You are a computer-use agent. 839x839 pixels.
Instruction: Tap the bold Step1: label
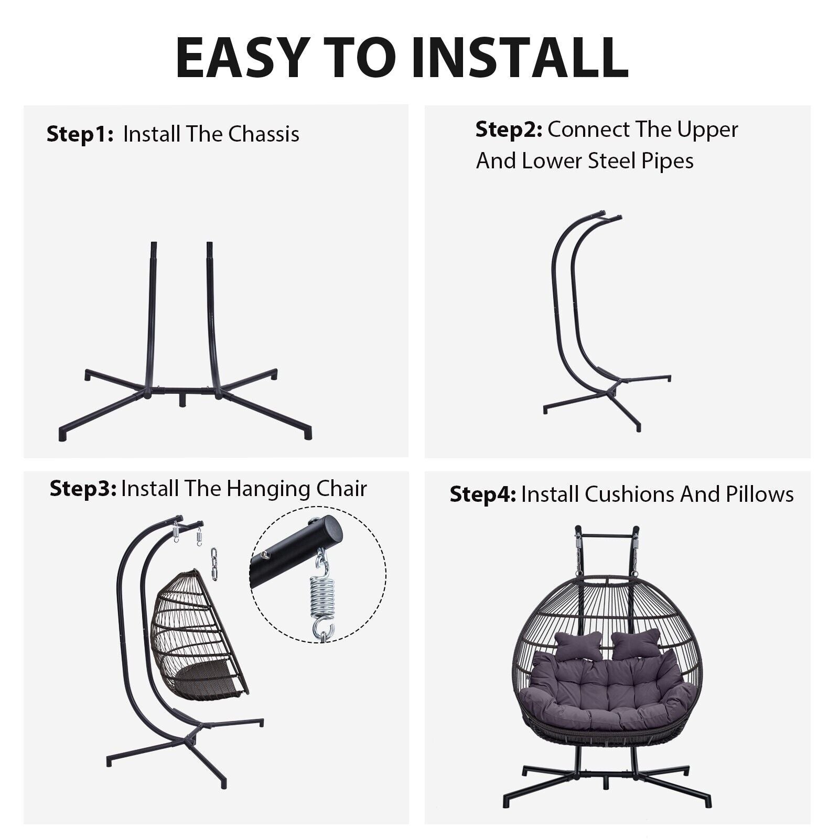tap(80, 134)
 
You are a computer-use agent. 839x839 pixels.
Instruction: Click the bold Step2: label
tap(509, 130)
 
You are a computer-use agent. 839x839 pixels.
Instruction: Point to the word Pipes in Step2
tap(667, 161)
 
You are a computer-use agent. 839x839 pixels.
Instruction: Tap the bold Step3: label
tap(83, 489)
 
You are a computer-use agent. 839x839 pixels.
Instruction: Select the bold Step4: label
tap(483, 494)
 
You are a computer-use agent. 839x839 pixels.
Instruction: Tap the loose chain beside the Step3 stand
tap(214, 563)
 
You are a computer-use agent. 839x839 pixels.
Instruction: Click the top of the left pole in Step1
tap(154, 244)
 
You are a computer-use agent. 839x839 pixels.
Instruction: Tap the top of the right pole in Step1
tap(210, 244)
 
